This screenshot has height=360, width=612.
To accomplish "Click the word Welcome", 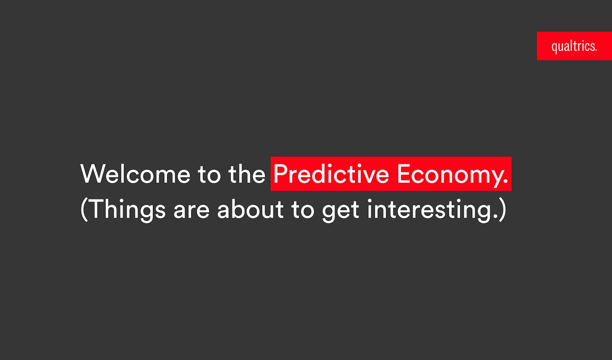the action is pos(135,174).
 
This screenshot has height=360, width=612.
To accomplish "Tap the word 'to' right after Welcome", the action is pos(209,174).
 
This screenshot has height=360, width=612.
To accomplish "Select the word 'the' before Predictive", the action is pos(247,174).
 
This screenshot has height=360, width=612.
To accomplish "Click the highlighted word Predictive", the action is pos(331,174).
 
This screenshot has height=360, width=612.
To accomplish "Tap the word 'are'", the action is pos(192,211).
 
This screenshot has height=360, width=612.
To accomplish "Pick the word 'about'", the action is pos(250,209).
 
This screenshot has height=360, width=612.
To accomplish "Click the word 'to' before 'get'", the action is pos(303,210).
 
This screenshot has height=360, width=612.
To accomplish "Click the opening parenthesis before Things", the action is pos(84,210).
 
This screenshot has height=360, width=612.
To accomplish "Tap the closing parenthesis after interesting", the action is pos(502,210).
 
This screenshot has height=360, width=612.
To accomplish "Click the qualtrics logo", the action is pos(574,46).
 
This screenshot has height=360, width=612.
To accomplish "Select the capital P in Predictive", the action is pos(281,174).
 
